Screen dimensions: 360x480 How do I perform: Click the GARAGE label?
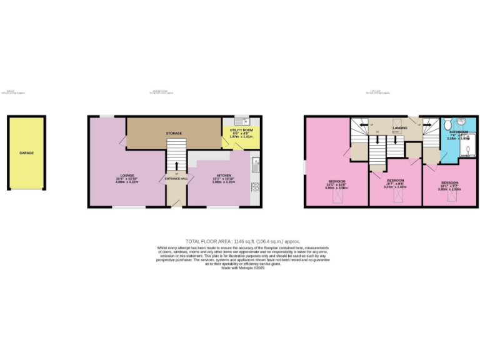[x=26, y=152]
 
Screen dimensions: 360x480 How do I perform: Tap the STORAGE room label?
[x=174, y=133]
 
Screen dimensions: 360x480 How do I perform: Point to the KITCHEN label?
[x=224, y=175]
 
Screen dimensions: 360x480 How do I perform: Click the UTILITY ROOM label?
[x=241, y=129]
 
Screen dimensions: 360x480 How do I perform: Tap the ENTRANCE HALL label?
[x=176, y=179]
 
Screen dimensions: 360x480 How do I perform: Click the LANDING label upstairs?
[x=400, y=128]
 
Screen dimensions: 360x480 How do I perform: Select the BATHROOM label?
[x=461, y=132]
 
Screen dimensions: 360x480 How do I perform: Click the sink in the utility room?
[x=246, y=121]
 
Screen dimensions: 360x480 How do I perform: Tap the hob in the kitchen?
[x=255, y=186]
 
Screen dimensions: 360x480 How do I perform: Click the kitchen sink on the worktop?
[x=255, y=165]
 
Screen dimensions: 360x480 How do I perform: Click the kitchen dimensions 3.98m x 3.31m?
[x=224, y=183]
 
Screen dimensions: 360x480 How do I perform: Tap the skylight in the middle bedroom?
[x=396, y=199]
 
